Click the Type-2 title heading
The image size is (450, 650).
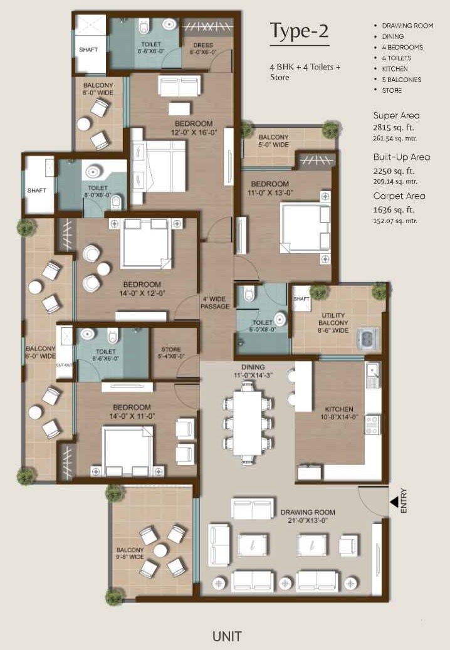click(x=299, y=31)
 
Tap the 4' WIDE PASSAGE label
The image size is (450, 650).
click(x=215, y=302)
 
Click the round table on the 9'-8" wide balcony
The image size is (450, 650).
click(x=161, y=550)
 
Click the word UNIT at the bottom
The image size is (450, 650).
click(x=226, y=636)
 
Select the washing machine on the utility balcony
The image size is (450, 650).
click(x=367, y=338)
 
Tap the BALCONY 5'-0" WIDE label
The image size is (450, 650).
click(x=274, y=141)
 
